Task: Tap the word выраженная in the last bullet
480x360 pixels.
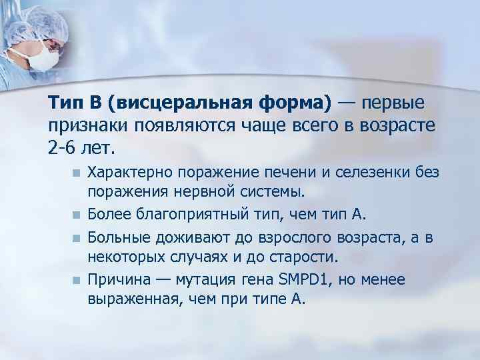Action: point(127,299)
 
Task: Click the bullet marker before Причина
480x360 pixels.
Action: point(77,279)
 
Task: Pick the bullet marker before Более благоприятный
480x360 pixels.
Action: point(77,215)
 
